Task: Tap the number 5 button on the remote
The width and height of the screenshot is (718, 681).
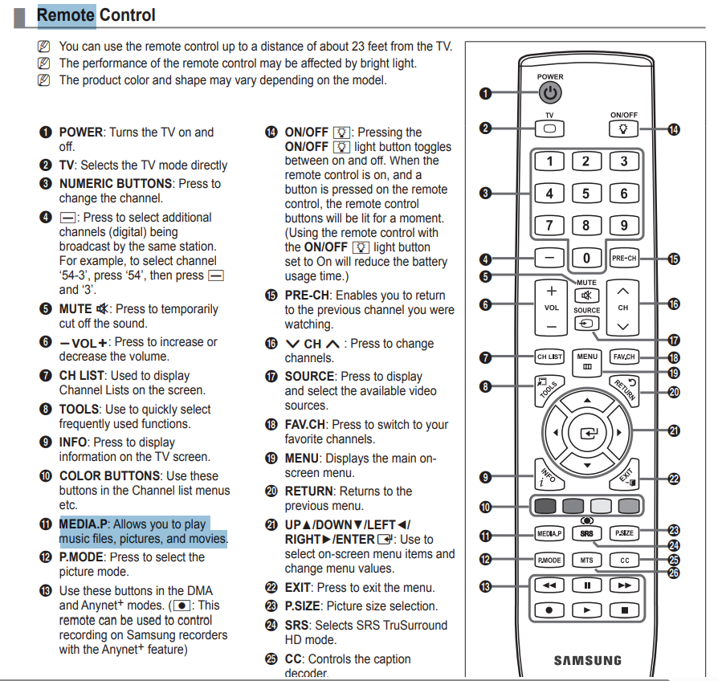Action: (x=586, y=194)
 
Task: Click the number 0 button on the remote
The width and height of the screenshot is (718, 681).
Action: (x=586, y=258)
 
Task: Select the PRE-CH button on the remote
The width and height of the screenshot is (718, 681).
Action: (x=623, y=259)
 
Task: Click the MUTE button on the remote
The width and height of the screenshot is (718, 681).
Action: (x=586, y=296)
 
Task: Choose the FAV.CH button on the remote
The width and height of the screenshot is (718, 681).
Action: (x=624, y=356)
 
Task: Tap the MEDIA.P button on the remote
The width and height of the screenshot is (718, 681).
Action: (x=549, y=533)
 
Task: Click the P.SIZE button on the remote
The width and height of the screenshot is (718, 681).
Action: (x=624, y=533)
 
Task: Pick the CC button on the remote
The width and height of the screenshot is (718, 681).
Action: (x=624, y=560)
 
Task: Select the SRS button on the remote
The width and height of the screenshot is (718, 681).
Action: (x=587, y=533)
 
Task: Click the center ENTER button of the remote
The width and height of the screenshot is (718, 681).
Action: (x=587, y=433)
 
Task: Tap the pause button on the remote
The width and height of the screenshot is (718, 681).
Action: (x=587, y=585)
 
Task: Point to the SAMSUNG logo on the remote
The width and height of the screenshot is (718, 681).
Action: (x=587, y=660)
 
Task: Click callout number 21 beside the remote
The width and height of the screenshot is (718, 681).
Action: (x=675, y=431)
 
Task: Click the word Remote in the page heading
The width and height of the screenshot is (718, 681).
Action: (x=65, y=14)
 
